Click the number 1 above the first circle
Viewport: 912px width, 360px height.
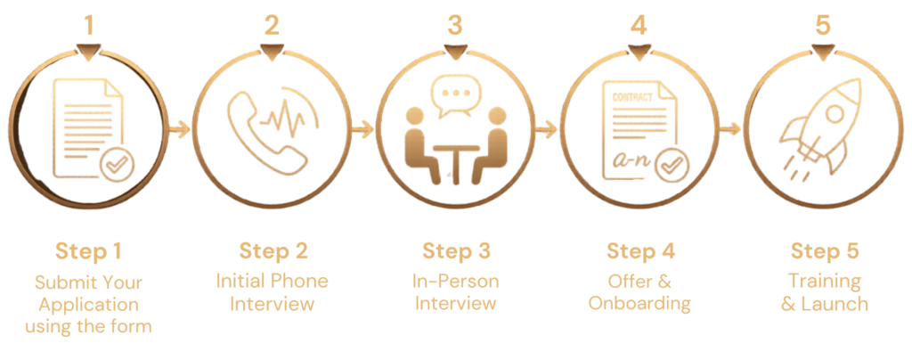(x=88, y=25)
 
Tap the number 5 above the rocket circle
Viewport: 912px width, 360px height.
(x=822, y=25)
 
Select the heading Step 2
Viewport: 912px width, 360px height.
(x=273, y=251)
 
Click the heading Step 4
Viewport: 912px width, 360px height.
(x=640, y=251)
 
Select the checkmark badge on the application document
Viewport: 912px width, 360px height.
(x=118, y=165)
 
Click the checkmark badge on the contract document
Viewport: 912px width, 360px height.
(x=672, y=166)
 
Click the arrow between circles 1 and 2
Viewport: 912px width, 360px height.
(x=180, y=129)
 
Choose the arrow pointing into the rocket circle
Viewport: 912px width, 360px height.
(x=730, y=129)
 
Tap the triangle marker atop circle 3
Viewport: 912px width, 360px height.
(x=455, y=52)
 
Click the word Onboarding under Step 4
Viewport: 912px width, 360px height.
(x=639, y=303)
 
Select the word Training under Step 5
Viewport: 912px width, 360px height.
(x=824, y=281)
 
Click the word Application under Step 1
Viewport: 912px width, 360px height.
(x=88, y=305)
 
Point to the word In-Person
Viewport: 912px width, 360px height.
(x=455, y=281)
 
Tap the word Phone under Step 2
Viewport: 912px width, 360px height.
(x=299, y=281)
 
